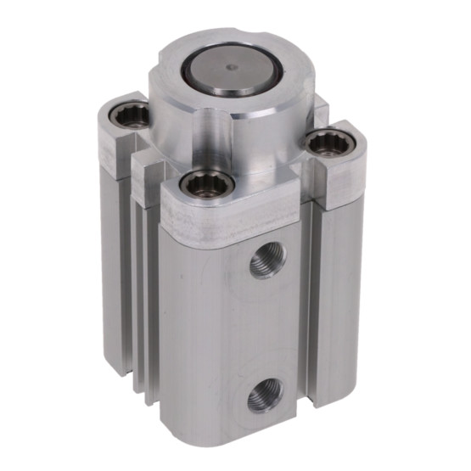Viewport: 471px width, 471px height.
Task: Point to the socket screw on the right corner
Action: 327,143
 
